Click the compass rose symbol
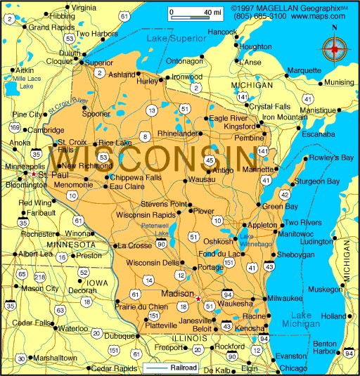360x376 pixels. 335,49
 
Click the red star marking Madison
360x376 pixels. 198,299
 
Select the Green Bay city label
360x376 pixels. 281,206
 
